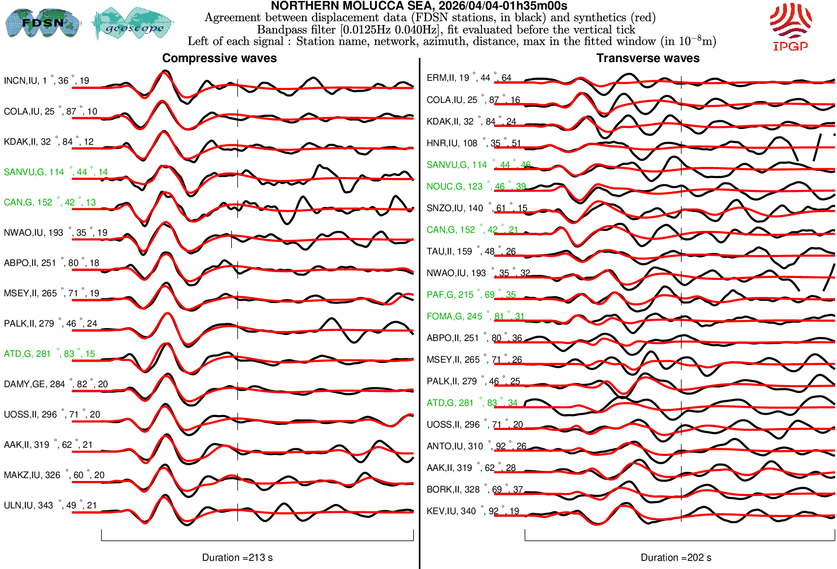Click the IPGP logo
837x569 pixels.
pyautogui.click(x=790, y=26)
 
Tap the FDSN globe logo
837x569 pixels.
pyautogui.click(x=42, y=23)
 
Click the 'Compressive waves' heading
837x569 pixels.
pyautogui.click(x=219, y=58)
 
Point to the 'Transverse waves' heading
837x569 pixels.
pyautogui.click(x=647, y=58)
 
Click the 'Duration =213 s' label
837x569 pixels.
pyautogui.click(x=237, y=557)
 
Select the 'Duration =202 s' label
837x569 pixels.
pyautogui.click(x=676, y=557)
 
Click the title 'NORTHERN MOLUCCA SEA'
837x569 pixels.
pyautogui.click(x=418, y=6)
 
